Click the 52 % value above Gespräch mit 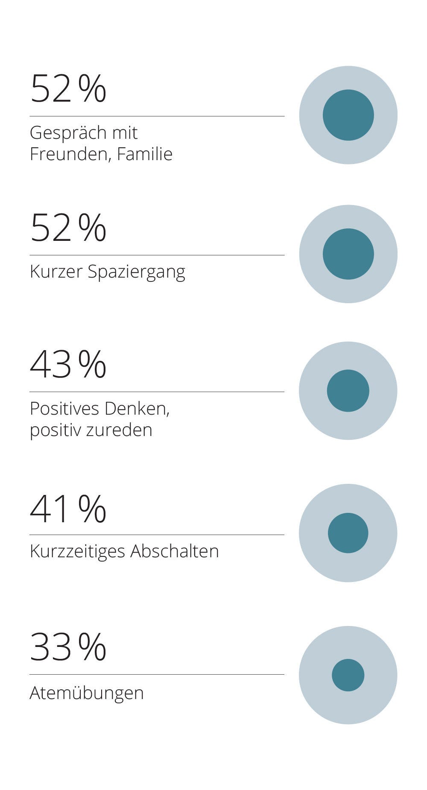coord(68,88)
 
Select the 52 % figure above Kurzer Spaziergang coord(68,227)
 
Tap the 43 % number coord(68,364)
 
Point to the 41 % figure coord(68,508)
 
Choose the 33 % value coord(68,647)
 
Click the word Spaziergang coord(137,272)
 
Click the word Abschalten coord(175,551)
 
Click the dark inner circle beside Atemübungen coord(348,675)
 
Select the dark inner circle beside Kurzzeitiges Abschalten coord(348,533)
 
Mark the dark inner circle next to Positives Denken coord(348,391)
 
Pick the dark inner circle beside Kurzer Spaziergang coord(348,254)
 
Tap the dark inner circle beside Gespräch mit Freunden coord(348,115)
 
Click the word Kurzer coord(56,272)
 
